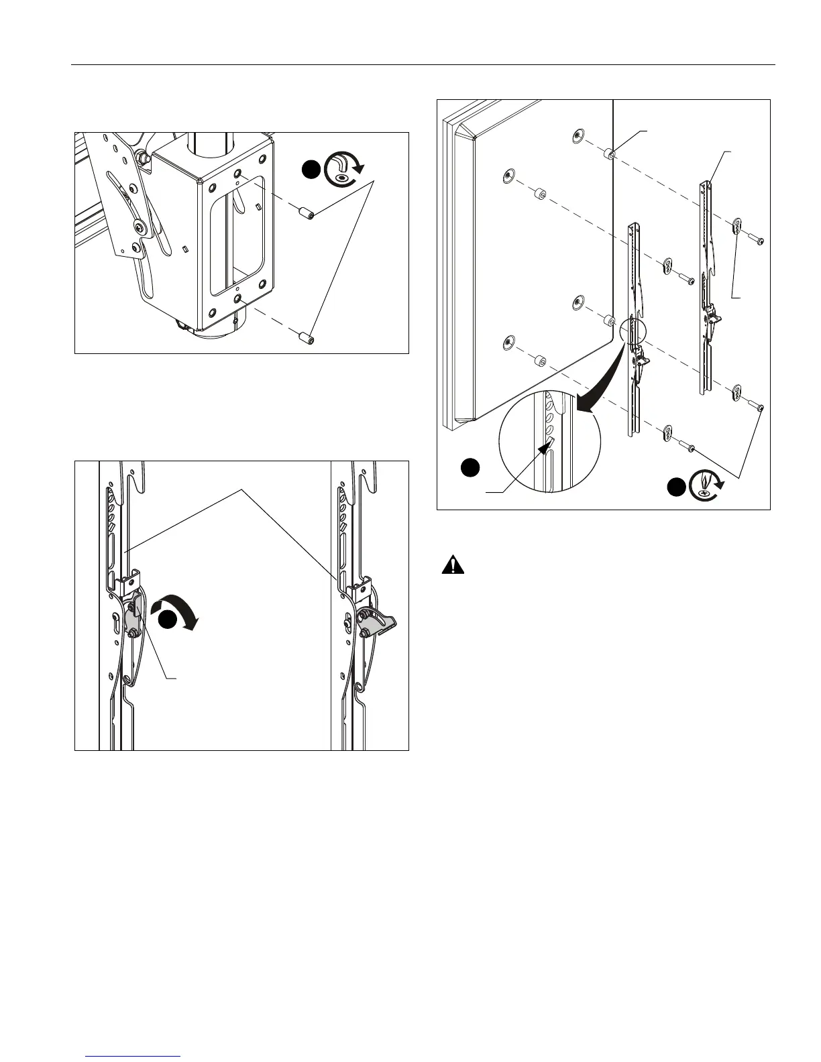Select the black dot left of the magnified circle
coord(472,467)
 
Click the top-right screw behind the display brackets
coord(758,240)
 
